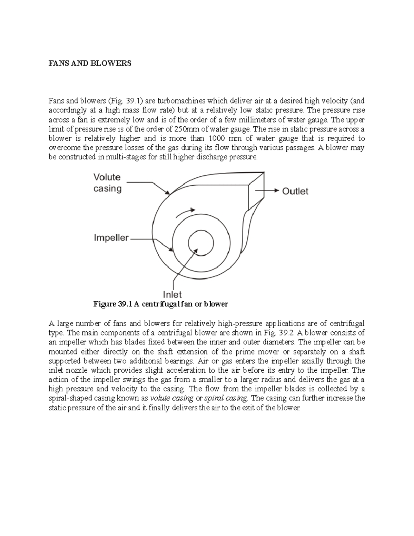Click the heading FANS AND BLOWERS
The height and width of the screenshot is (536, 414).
tap(90, 64)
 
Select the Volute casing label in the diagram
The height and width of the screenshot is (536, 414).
tap(107, 183)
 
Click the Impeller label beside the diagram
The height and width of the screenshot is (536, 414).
tap(111, 238)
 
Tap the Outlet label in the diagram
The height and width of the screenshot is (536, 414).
tap(295, 191)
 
